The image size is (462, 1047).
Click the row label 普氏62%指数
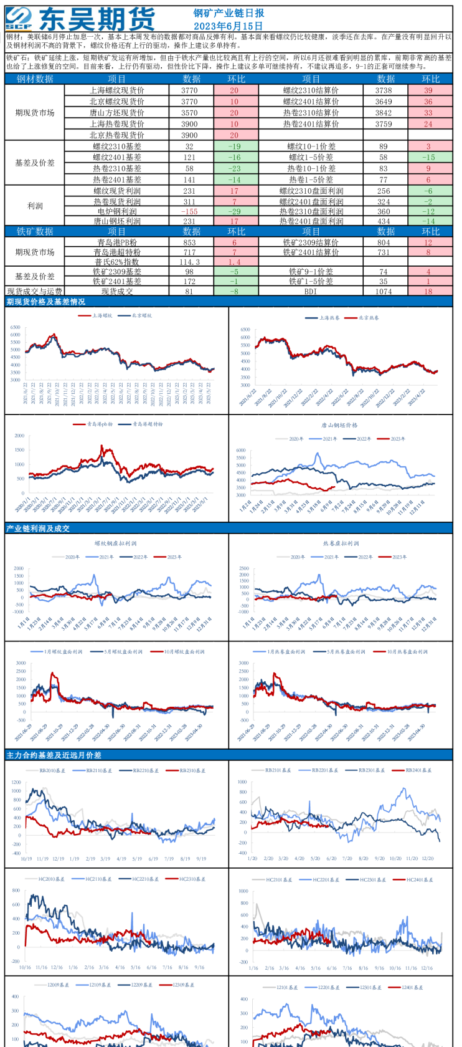tap(117, 262)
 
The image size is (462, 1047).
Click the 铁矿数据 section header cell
tap(35, 231)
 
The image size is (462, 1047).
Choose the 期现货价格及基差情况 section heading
tap(46, 302)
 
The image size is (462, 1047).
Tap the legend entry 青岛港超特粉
tap(148, 424)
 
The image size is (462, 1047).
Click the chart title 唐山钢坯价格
tap(339, 425)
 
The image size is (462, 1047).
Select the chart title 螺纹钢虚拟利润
tap(115, 543)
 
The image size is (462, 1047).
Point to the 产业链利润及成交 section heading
tap(38, 528)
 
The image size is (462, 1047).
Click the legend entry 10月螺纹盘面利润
tap(184, 652)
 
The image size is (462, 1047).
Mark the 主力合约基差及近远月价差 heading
tap(54, 755)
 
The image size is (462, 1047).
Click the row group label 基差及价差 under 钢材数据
tap(35, 163)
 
